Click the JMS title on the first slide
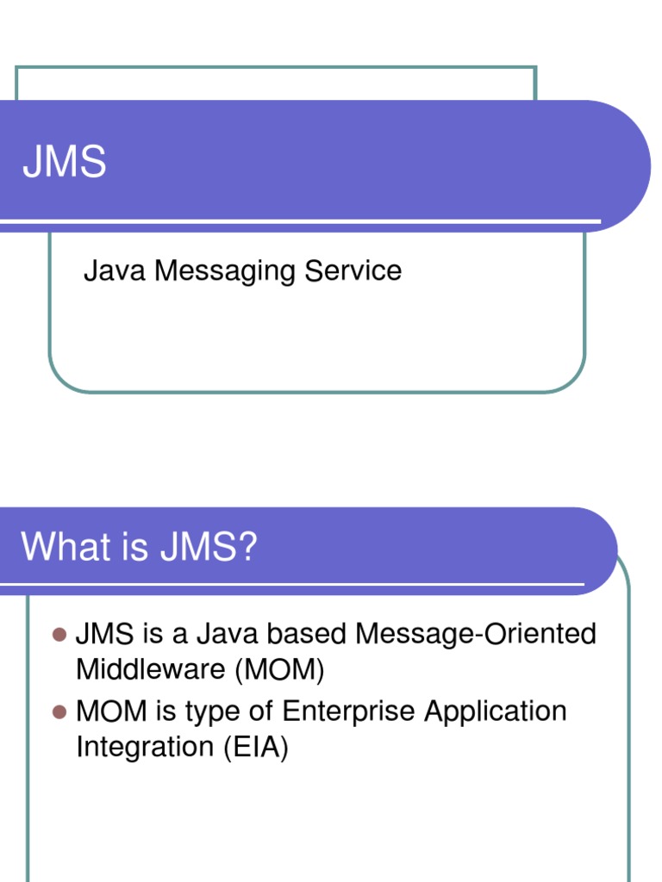tap(65, 162)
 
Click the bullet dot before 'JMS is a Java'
tap(59, 635)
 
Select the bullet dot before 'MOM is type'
tap(59, 711)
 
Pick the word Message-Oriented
tap(476, 635)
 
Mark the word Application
tap(502, 712)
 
